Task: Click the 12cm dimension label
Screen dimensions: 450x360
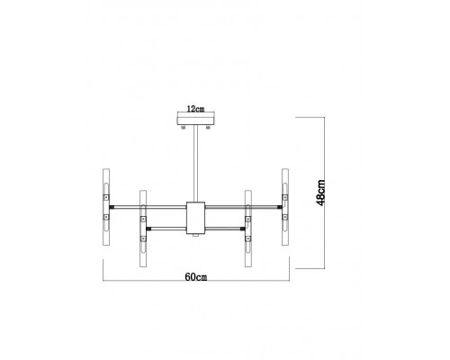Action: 195,109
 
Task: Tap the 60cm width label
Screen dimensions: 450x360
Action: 196,277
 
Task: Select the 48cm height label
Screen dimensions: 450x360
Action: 320,193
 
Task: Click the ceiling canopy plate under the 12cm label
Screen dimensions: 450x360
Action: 195,121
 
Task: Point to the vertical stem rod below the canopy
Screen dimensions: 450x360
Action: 195,164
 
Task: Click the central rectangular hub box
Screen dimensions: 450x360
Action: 195,218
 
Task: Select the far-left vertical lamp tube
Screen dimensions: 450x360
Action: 106,207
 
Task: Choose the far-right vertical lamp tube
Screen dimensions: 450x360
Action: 285,207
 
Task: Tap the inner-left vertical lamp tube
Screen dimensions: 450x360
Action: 143,229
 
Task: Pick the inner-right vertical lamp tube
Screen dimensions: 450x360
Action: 248,229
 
